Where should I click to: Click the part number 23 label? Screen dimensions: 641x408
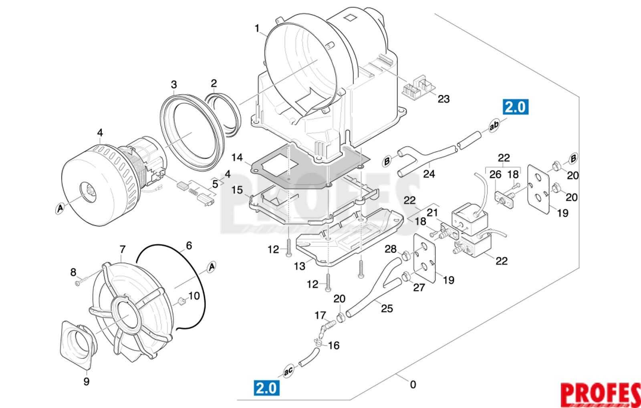click(443, 99)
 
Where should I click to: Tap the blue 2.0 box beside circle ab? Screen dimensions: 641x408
click(516, 107)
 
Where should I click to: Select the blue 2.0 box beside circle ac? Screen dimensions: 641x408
click(267, 388)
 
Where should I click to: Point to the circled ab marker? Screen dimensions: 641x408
click(494, 125)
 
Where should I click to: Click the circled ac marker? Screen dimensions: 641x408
click(288, 371)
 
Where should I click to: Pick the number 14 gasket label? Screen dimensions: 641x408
click(237, 158)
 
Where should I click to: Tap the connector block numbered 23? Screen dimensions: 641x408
click(419, 88)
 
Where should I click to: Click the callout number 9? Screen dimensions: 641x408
click(87, 382)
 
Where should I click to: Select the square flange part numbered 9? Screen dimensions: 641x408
click(79, 345)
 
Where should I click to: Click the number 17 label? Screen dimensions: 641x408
click(320, 315)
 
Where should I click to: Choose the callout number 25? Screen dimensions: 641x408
click(387, 309)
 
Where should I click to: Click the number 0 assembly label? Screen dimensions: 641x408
click(413, 384)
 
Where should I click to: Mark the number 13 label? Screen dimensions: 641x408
click(300, 266)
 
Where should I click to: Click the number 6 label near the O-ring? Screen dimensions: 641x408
click(189, 246)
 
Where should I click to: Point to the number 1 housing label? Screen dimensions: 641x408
click(257, 28)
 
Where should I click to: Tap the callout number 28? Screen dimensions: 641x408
click(390, 249)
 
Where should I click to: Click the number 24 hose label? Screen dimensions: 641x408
click(429, 174)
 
